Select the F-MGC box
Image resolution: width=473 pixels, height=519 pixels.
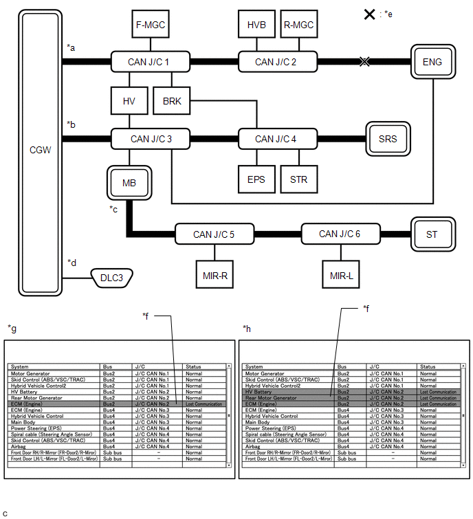pyautogui.click(x=150, y=25)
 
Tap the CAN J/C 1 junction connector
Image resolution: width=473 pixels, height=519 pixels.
pyautogui.click(x=149, y=62)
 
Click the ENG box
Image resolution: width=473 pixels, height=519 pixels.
pyautogui.click(x=432, y=62)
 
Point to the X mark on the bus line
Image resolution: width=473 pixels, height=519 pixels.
pyautogui.click(x=365, y=62)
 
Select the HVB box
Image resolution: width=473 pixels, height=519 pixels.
pyautogui.click(x=256, y=25)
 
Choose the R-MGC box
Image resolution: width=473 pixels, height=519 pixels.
pyautogui.click(x=298, y=25)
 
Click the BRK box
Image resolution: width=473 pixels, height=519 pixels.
pyautogui.click(x=172, y=101)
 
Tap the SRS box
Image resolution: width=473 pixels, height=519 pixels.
pyautogui.click(x=388, y=139)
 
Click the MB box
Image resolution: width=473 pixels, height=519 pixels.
pyautogui.click(x=129, y=184)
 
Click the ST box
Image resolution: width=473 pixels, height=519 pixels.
pyautogui.click(x=432, y=234)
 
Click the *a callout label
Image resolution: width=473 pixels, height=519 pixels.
pyautogui.click(x=71, y=47)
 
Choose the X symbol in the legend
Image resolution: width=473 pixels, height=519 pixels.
pyautogui.click(x=369, y=14)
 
